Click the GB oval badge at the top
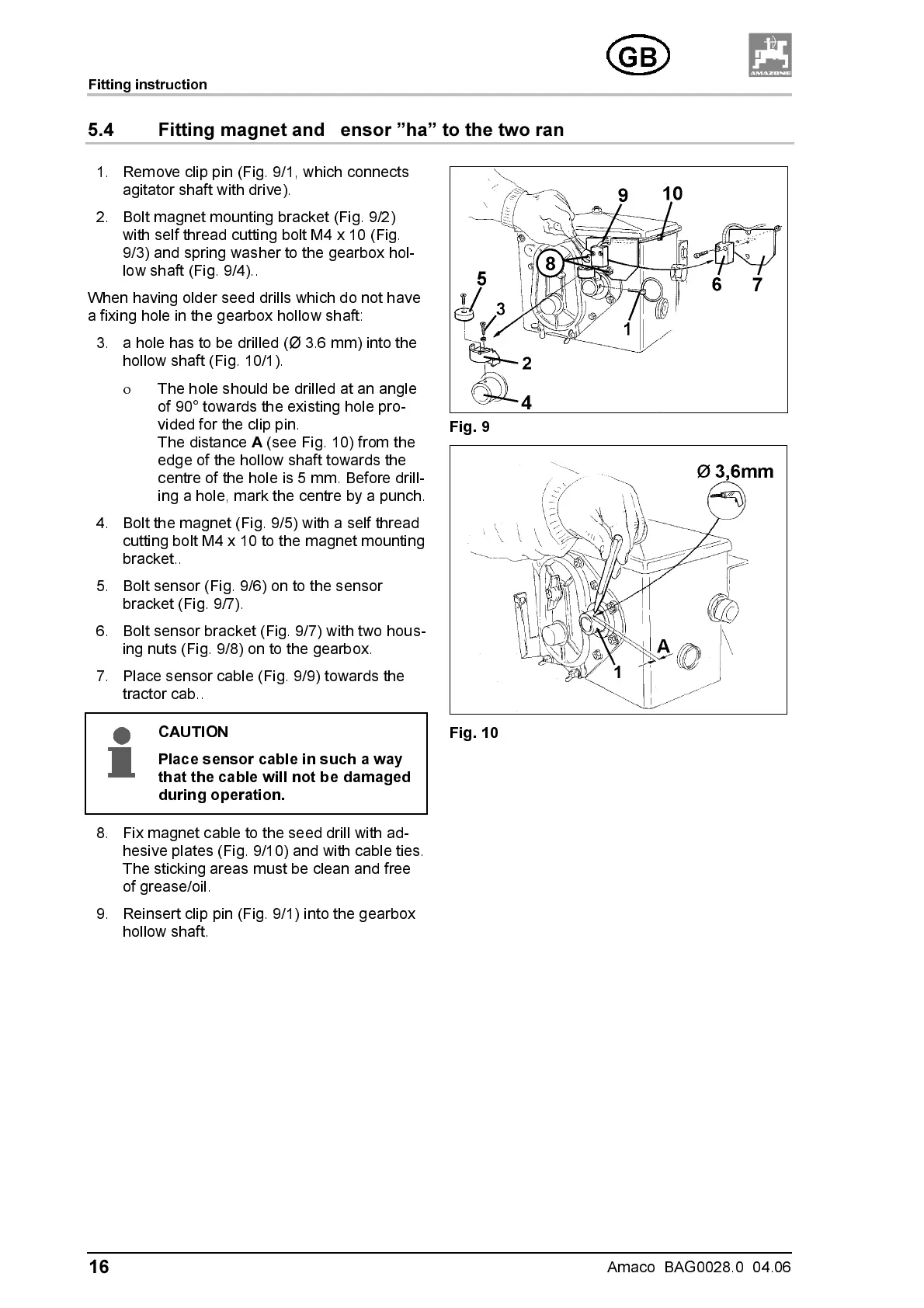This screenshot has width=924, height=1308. pos(637,57)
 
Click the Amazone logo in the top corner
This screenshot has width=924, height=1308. pos(770,55)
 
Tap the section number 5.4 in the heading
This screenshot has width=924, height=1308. pos(101,130)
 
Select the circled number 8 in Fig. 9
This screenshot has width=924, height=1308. pos(551,264)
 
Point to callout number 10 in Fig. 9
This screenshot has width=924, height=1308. pos(672,193)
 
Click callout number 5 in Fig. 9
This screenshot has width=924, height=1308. pos(481,279)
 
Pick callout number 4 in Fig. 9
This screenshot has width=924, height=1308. pos(526,402)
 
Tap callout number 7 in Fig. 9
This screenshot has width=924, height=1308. pos(758,285)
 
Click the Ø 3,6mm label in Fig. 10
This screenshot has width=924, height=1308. pos(735,471)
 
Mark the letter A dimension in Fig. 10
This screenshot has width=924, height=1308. pos(663,646)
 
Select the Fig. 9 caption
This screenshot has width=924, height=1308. pos(470,427)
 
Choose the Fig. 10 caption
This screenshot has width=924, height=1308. pos(474,732)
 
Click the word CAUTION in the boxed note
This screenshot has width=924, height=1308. pos(193,732)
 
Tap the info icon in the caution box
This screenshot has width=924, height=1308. pos(121,752)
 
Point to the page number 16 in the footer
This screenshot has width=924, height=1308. pos(99,1268)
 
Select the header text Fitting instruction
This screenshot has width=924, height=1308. pos(148,85)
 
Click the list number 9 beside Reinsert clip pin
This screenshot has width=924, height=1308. pos(102,914)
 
